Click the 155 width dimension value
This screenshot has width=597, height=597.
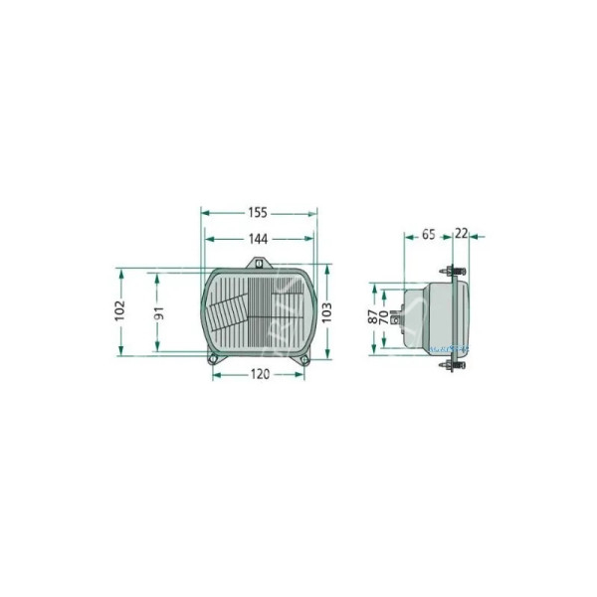pos(259,213)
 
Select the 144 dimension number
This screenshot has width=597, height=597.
pos(259,239)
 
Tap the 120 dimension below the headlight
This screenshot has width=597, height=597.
pos(259,374)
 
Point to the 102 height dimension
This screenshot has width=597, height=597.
pos(120,310)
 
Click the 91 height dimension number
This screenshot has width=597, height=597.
pos(158,311)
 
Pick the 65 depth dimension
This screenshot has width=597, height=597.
pos(428,236)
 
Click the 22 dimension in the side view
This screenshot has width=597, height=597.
pos(461,236)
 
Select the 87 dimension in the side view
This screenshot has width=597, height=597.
pos(372,318)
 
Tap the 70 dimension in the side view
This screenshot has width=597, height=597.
pos(386,318)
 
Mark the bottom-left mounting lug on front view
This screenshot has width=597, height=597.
pos(212,359)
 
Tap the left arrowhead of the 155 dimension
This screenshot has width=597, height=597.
pos(205,213)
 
